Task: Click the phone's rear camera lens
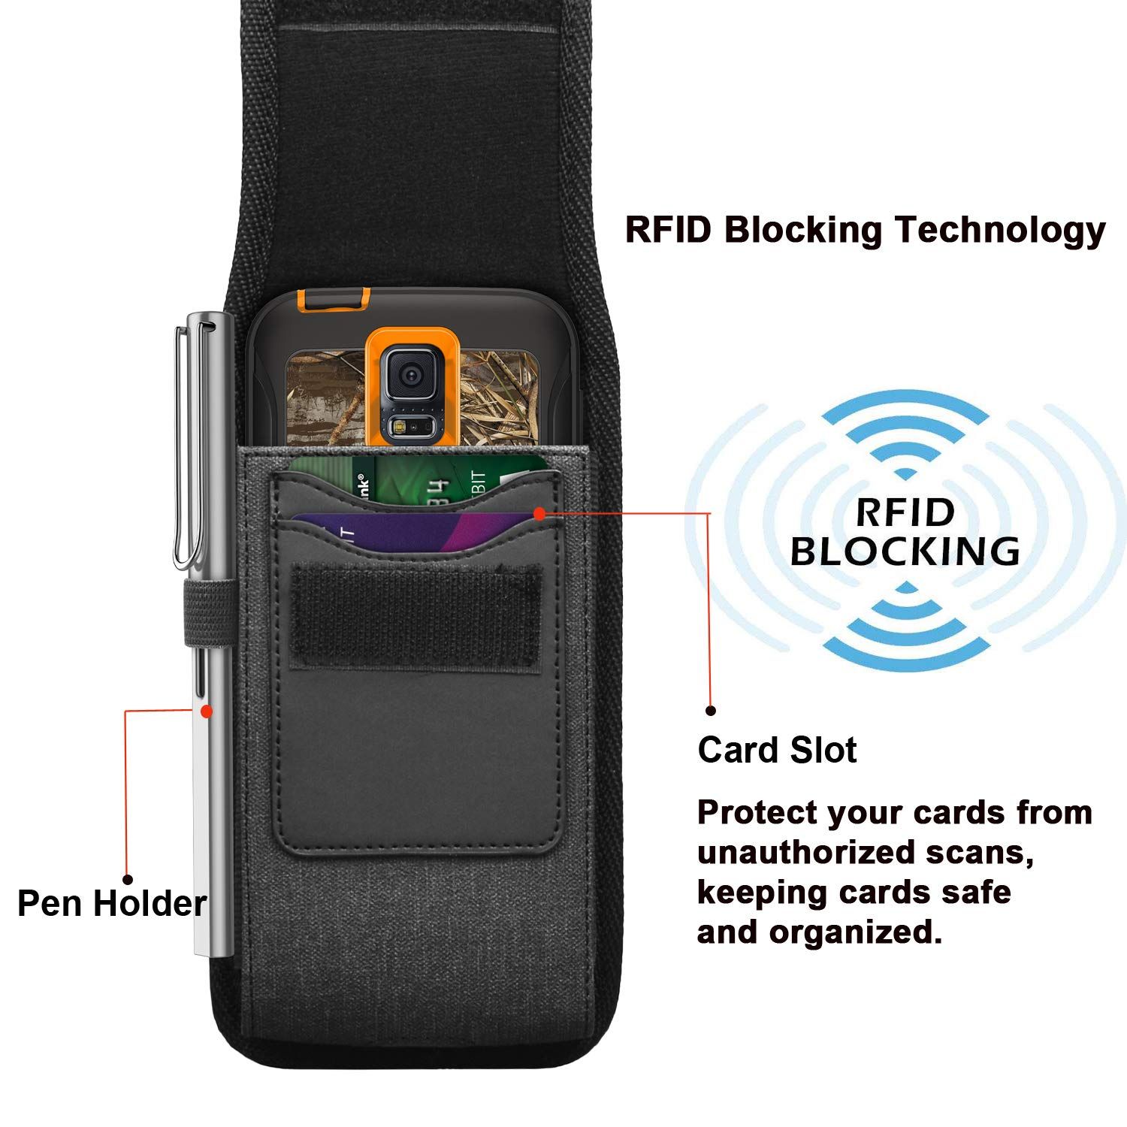point(410,375)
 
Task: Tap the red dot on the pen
point(207,711)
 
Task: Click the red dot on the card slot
point(539,514)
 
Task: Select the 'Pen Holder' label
point(112,903)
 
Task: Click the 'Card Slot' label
point(777,750)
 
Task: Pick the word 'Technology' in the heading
point(999,231)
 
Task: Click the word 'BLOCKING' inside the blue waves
point(905,551)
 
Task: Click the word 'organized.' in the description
point(855,933)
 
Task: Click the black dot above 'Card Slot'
point(711,710)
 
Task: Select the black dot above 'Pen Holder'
point(128,879)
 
